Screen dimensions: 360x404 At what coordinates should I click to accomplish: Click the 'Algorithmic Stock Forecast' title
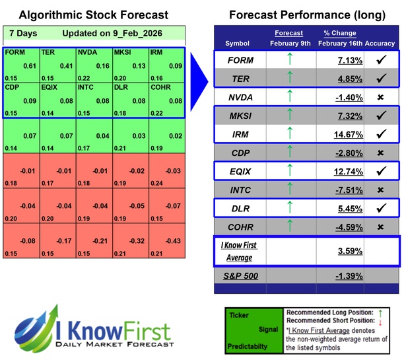point(93,15)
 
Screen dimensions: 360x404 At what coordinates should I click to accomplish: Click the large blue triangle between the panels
point(199,69)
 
